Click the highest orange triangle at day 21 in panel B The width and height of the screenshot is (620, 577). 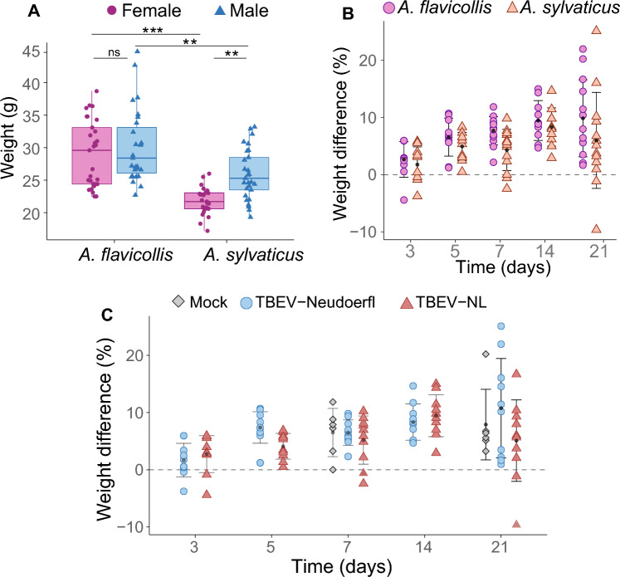tap(596, 30)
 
